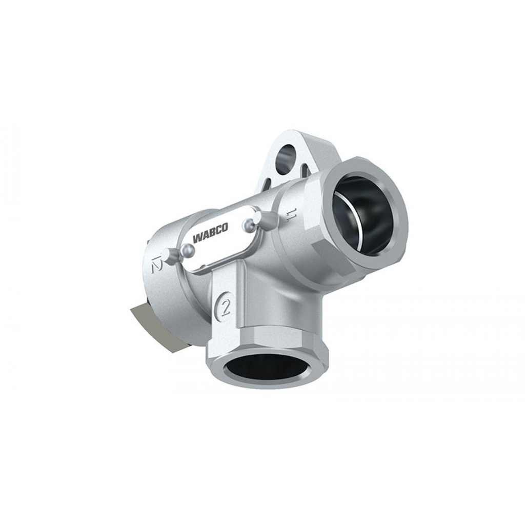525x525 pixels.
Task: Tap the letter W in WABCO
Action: coord(197,239)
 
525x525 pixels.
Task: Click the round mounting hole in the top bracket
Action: coord(286,156)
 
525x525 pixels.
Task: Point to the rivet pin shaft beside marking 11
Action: coord(267,220)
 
